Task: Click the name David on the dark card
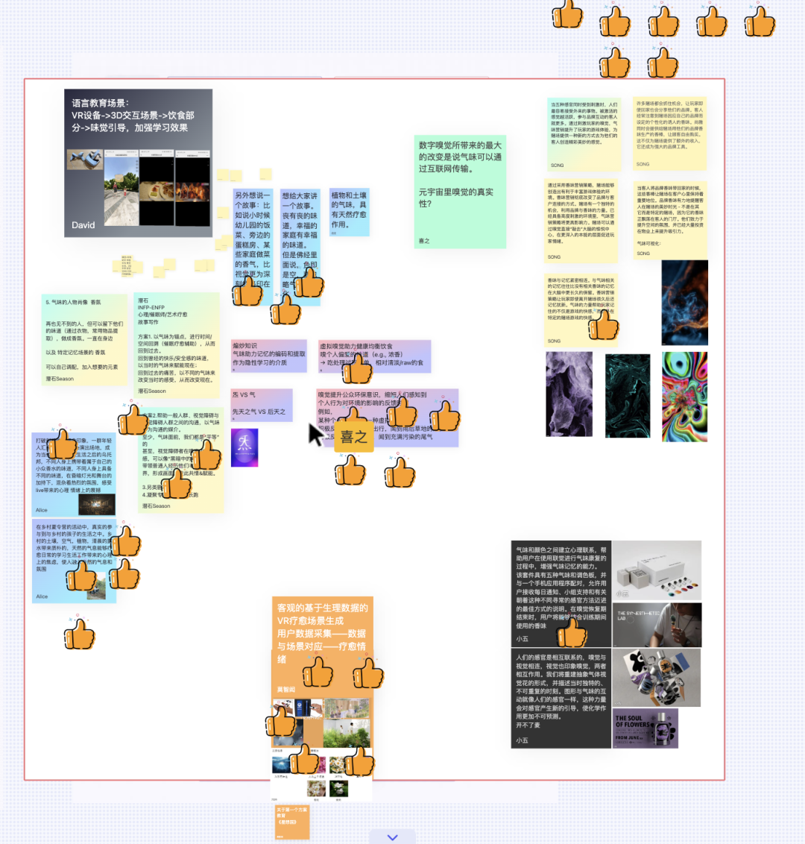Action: click(x=83, y=224)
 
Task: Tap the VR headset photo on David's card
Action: click(x=84, y=159)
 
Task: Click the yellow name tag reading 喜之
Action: click(x=353, y=437)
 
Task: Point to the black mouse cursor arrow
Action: click(x=316, y=434)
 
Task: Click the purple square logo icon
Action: click(x=244, y=447)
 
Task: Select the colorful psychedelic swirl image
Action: click(x=684, y=397)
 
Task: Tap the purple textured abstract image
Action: click(x=569, y=394)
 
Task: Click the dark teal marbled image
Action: click(x=627, y=395)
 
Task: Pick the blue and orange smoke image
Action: click(x=684, y=302)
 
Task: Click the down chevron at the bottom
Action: click(x=393, y=837)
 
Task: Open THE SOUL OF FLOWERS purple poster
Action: click(x=645, y=728)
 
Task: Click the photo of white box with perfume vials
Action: click(x=657, y=571)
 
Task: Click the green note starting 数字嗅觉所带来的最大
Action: click(x=460, y=190)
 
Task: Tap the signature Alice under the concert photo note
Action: click(x=42, y=510)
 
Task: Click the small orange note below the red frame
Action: click(x=291, y=822)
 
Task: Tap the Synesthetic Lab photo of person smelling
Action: click(x=657, y=625)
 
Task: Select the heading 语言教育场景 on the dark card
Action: click(x=100, y=103)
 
